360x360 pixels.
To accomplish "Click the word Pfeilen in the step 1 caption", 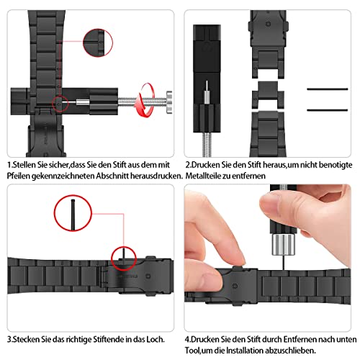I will point(22,176).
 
